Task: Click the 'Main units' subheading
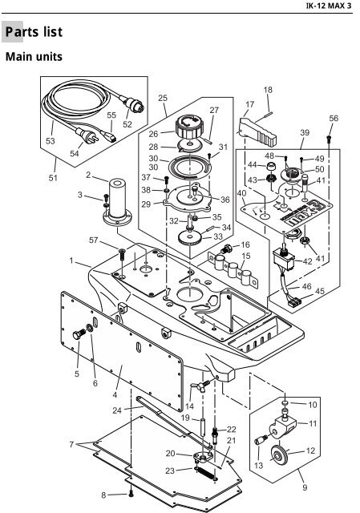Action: [35, 58]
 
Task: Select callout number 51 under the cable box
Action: [54, 178]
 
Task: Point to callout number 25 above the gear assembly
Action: [163, 99]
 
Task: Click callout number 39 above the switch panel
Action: [304, 132]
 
